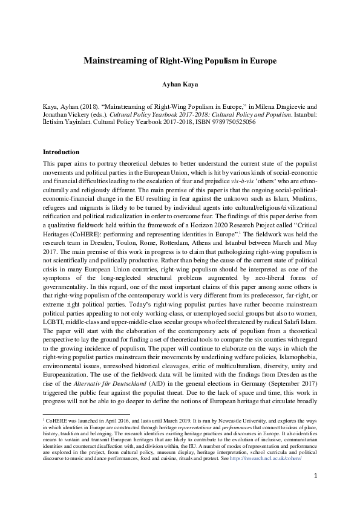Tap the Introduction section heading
(x=62, y=152)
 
